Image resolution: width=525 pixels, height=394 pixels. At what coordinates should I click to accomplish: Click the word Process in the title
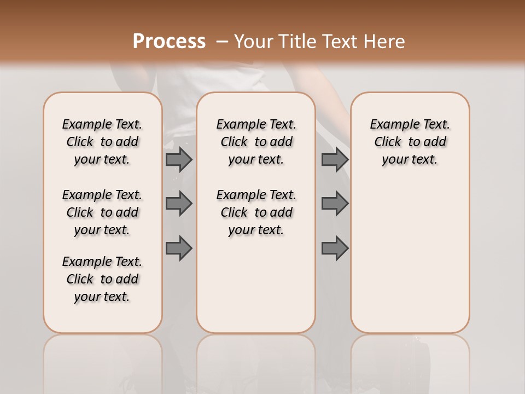coord(169,41)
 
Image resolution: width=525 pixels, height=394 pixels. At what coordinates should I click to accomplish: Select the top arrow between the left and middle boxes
coord(178,159)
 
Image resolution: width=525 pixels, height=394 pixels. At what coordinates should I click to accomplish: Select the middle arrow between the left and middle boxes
coord(178,204)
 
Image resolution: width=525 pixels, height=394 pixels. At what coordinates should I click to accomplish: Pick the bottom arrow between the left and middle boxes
coord(178,248)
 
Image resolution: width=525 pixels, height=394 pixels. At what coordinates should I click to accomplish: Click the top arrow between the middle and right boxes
coord(335,159)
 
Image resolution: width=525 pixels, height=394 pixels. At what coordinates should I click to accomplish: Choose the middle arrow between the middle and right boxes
coord(335,204)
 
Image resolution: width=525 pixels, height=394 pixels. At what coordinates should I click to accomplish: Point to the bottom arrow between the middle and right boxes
coord(335,248)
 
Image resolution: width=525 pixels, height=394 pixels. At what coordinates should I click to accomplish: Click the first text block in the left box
coord(102,142)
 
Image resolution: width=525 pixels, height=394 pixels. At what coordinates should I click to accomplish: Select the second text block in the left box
coord(102,212)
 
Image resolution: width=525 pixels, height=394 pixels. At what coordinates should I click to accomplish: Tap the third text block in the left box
coord(102,279)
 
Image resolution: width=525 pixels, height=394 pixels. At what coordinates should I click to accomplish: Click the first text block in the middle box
coord(256,142)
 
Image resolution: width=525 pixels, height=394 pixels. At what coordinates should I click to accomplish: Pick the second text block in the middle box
coord(256,212)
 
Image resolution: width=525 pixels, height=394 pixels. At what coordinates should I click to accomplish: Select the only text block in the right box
coord(410,142)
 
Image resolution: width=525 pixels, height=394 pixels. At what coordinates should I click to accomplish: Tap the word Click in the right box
coord(388,142)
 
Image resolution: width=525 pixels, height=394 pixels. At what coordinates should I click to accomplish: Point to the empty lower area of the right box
coord(410,257)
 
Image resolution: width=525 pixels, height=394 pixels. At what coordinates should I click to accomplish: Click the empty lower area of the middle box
coord(256,285)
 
